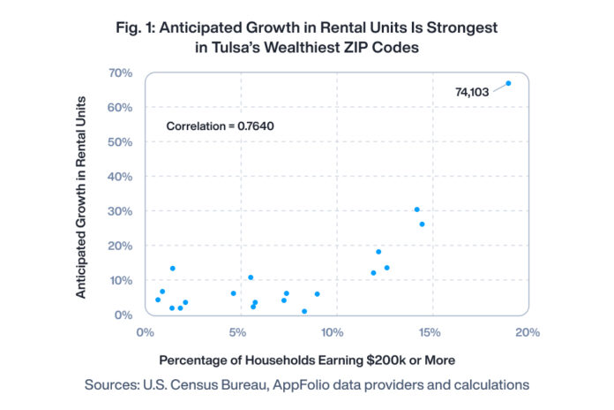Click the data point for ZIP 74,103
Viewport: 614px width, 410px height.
pos(508,83)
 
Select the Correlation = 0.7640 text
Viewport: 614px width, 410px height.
pos(221,126)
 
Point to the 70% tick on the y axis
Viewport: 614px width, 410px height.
pos(119,72)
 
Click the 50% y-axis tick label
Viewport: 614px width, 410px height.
pos(119,141)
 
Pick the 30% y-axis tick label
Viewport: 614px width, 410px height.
pos(119,211)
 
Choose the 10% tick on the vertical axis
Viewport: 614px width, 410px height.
pos(119,280)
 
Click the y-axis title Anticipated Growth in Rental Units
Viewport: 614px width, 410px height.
pos(81,194)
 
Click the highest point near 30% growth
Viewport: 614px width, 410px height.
pos(416,209)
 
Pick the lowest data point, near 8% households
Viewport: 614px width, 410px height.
pos(304,311)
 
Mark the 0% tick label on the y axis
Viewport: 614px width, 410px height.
pos(123,315)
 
